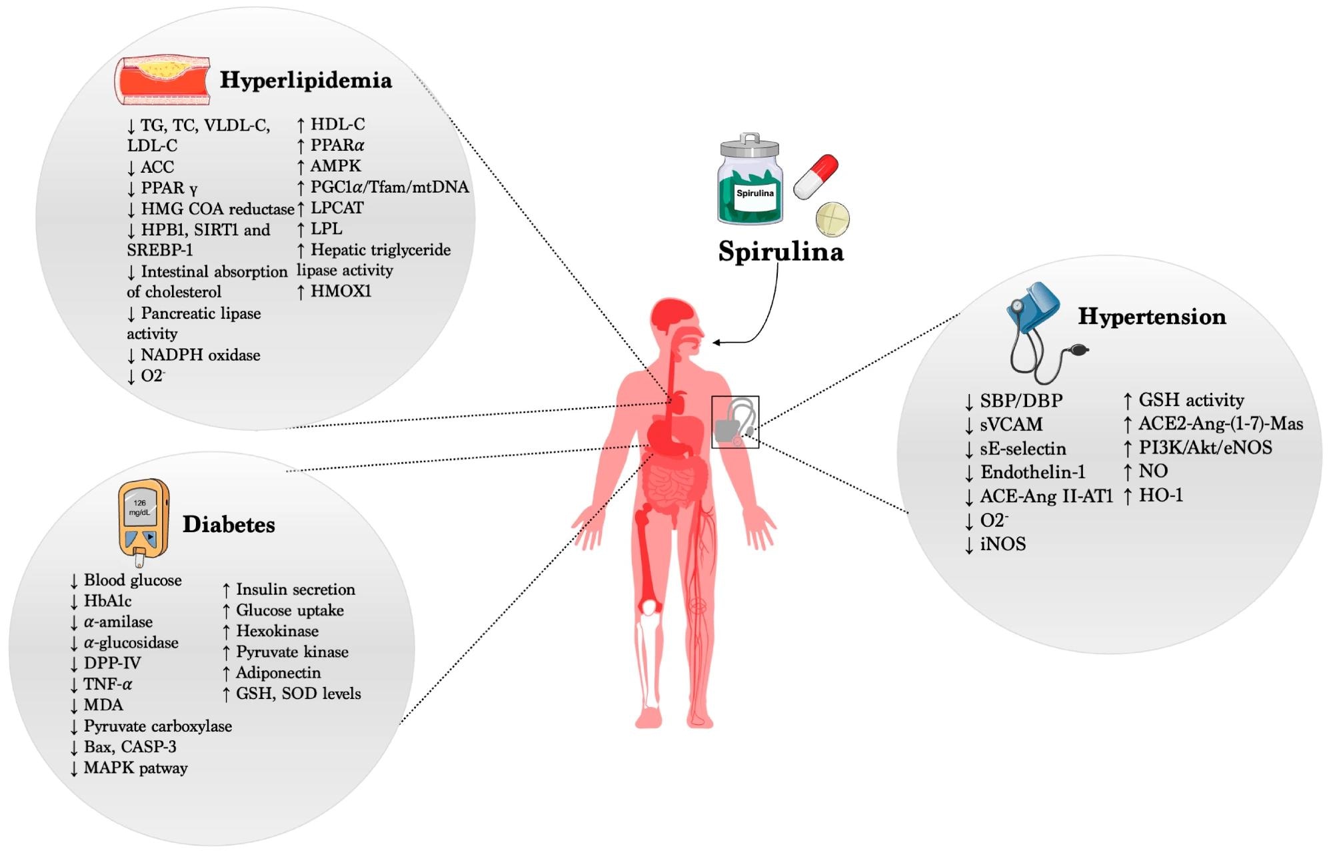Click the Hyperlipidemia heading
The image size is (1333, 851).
[306, 80]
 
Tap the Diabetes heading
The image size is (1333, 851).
[229, 525]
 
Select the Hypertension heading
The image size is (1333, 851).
[1152, 317]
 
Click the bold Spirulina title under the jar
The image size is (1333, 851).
[780, 252]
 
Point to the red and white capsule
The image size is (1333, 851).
[816, 177]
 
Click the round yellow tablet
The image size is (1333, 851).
[833, 219]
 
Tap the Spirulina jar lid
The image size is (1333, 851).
[750, 145]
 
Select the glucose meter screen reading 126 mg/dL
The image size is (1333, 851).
[140, 508]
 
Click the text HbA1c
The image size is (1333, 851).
[107, 602]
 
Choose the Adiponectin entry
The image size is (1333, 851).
[278, 673]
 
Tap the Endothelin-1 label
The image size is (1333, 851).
[1032, 473]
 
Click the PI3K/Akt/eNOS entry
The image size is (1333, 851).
[1205, 448]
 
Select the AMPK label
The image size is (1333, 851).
[335, 166]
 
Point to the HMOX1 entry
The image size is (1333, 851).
[341, 291]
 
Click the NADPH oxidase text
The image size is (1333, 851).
[200, 355]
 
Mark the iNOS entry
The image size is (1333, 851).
[1002, 545]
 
